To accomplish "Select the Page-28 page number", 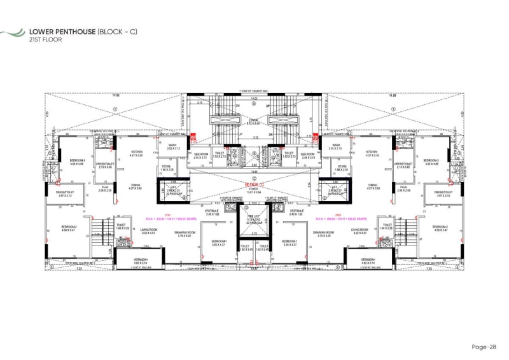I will click(x=485, y=347).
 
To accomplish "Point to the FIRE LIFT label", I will click(x=254, y=216).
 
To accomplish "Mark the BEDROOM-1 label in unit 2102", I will click(x=289, y=242).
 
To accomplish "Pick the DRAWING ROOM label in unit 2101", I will click(x=184, y=232).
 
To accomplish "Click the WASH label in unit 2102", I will click(x=337, y=145).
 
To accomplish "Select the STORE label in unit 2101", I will click(x=167, y=169).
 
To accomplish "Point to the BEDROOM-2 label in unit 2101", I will click(x=69, y=226).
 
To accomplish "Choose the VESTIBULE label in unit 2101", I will click(x=213, y=211).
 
